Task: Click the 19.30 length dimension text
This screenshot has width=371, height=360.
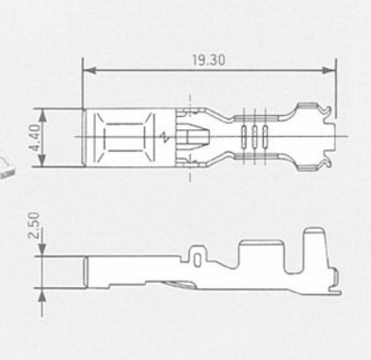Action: pyautogui.click(x=208, y=60)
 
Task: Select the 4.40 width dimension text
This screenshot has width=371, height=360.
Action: pyautogui.click(x=34, y=138)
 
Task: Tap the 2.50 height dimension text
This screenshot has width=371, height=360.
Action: pyautogui.click(x=33, y=225)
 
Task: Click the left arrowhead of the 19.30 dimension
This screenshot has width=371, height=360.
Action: pyautogui.click(x=89, y=70)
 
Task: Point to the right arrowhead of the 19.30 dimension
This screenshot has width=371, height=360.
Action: pyautogui.click(x=329, y=70)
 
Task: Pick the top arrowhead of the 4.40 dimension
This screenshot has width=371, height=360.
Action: pyautogui.click(x=43, y=115)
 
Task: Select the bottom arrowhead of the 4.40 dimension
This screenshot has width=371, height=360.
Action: pyautogui.click(x=43, y=161)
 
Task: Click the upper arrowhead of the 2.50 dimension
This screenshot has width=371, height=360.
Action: pyautogui.click(x=43, y=249)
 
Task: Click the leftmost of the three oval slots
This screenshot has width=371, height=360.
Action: pyautogui.click(x=244, y=136)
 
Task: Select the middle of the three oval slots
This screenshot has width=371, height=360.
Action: pyautogui.click(x=254, y=136)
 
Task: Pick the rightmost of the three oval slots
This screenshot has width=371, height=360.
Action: pyautogui.click(x=266, y=136)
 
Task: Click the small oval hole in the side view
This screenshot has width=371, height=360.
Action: pyautogui.click(x=198, y=260)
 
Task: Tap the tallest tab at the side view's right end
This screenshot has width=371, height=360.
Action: pyautogui.click(x=315, y=248)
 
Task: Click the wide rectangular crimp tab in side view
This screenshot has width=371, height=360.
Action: pyautogui.click(x=262, y=256)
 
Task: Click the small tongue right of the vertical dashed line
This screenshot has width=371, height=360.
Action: pyautogui.click(x=197, y=136)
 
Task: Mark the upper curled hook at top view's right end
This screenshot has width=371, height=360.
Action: pyautogui.click(x=326, y=112)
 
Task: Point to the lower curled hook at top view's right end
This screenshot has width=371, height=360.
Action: pyautogui.click(x=326, y=162)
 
